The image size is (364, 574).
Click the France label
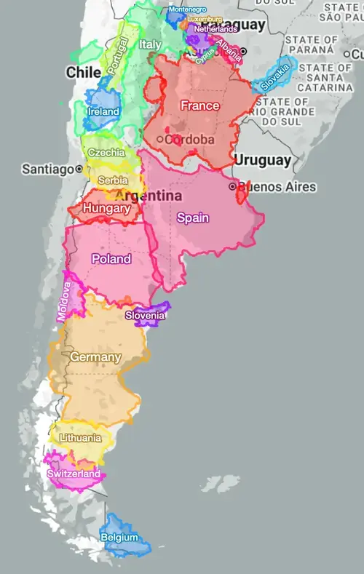199,105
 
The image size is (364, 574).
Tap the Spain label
193,218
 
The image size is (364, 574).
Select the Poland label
111,259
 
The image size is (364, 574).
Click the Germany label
95,357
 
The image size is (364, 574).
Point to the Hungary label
106,209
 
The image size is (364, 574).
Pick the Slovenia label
145,315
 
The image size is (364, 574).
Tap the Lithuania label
81,438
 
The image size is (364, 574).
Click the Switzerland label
74,474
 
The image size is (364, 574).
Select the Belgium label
120,538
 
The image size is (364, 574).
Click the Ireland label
103,112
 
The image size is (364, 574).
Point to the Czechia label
106,153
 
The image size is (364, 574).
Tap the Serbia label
113,180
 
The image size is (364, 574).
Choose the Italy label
150,44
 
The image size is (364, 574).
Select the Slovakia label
275,76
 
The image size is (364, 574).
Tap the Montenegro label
187,9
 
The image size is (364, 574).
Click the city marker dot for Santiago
79,169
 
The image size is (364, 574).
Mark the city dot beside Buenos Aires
233,187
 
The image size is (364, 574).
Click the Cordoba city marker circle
159,139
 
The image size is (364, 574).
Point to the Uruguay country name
262,160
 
